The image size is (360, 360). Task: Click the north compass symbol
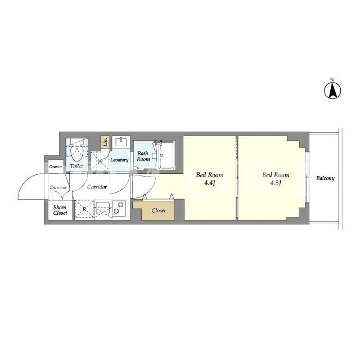pyautogui.click(x=332, y=90)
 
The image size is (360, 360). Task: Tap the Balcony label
pyautogui.click(x=325, y=178)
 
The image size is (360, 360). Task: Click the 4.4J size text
pyautogui.click(x=209, y=183)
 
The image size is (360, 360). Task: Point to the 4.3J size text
pyautogui.click(x=276, y=183)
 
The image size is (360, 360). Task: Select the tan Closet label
pyautogui.click(x=159, y=210)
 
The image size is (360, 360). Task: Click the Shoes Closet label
pyautogui.click(x=60, y=210)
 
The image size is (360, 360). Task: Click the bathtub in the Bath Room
pyautogui.click(x=166, y=155)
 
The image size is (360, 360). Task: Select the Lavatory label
pyautogui.click(x=119, y=160)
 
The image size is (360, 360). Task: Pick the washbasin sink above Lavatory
pyautogui.click(x=121, y=142)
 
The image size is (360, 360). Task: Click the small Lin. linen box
pyautogui.click(x=105, y=142)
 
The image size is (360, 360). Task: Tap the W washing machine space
pyautogui.click(x=100, y=161)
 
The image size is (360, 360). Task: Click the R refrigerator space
pyautogui.click(x=84, y=209)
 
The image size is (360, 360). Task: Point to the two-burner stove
pyautogui.click(x=119, y=208)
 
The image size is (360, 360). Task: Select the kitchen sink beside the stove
pyautogui.click(x=103, y=208)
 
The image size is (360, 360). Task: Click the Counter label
pyautogui.click(x=56, y=166)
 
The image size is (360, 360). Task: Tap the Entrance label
pyautogui.click(x=58, y=187)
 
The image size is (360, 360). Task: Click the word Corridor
pyautogui.click(x=97, y=187)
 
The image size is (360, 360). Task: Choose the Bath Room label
pyautogui.click(x=143, y=156)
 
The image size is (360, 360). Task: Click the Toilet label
pyautogui.click(x=76, y=166)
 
